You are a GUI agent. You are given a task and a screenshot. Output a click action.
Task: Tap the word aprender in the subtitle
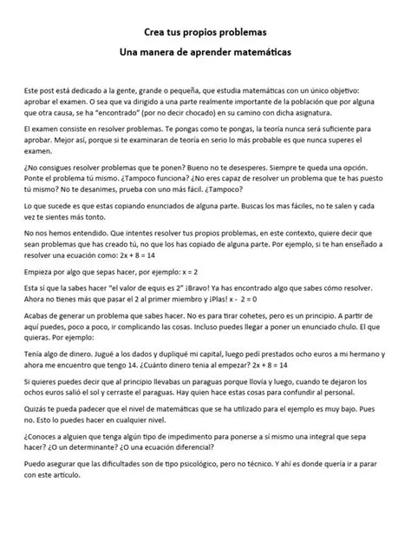pos(220,54)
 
